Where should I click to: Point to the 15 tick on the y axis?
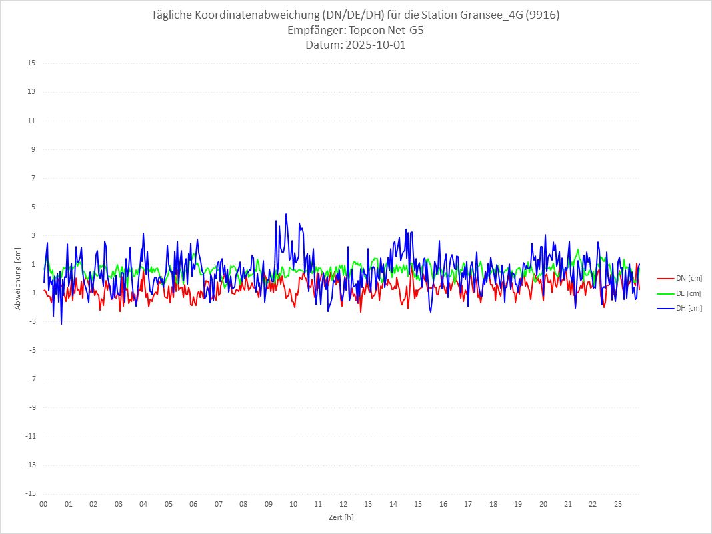pyautogui.click(x=31, y=63)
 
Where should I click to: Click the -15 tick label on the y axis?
pyautogui.click(x=30, y=493)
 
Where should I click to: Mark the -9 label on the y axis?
pyautogui.click(x=31, y=407)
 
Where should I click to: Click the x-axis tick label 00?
pyautogui.click(x=43, y=504)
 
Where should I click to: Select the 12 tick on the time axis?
pyautogui.click(x=343, y=504)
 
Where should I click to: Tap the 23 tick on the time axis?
pyautogui.click(x=618, y=504)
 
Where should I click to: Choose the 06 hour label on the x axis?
pyautogui.click(x=193, y=504)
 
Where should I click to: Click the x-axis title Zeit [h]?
pyautogui.click(x=341, y=517)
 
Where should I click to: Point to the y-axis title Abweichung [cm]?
pyautogui.click(x=18, y=279)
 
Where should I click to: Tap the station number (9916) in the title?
pyautogui.click(x=543, y=15)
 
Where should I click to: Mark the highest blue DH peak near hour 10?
pyautogui.click(x=286, y=214)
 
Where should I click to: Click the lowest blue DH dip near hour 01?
pyautogui.click(x=61, y=324)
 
